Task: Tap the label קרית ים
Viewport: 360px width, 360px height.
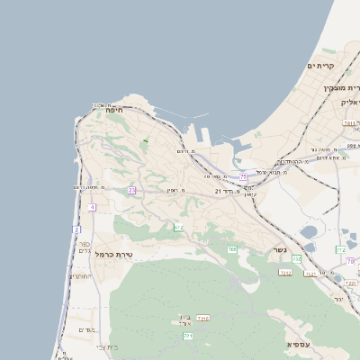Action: (320, 67)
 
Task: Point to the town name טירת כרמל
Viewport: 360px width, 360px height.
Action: (113, 255)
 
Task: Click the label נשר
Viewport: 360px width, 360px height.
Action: (281, 249)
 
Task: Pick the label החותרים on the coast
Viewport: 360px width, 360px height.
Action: (80, 276)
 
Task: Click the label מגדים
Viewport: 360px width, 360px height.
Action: (86, 329)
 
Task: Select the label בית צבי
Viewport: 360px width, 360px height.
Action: (106, 346)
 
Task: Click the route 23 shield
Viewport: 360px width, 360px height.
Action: (131, 190)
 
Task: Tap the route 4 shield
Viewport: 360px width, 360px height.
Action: (92, 207)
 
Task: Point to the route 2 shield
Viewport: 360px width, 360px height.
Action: (76, 229)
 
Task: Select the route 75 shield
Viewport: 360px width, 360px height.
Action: (243, 177)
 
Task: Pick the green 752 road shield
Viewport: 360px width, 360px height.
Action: (340, 248)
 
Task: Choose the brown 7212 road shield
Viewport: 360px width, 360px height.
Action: (285, 272)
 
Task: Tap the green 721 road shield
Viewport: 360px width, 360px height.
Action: (188, 336)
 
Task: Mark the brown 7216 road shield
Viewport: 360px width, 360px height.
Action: (202, 318)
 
